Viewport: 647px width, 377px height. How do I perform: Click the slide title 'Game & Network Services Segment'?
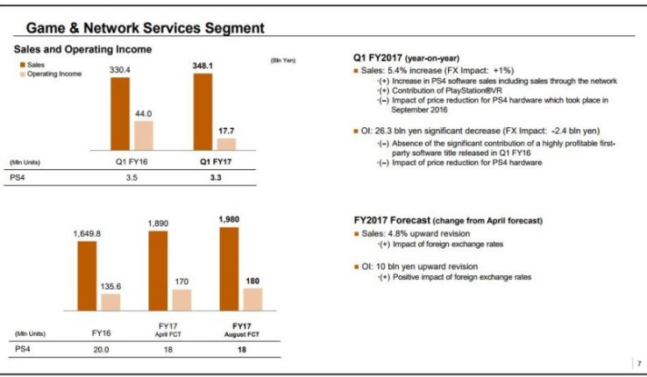pos(145,27)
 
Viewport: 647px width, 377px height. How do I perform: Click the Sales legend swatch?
pos(21,65)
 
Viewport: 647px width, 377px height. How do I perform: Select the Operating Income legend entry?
pos(53,74)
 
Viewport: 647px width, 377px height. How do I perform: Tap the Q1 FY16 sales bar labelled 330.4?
pos(119,116)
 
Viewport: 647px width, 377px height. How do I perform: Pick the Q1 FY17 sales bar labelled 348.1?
pos(203,114)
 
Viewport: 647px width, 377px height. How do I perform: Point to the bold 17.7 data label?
pos(226,130)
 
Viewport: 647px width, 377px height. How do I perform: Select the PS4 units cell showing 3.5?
pos(131,177)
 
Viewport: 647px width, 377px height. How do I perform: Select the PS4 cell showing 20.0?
pos(100,349)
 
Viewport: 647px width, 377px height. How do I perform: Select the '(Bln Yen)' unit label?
pos(281,60)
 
